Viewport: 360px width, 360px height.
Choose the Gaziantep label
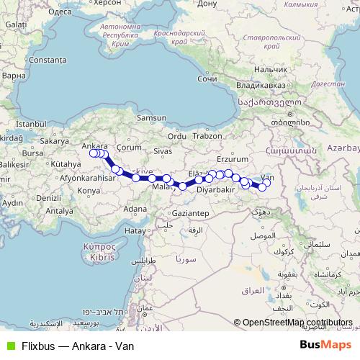coord(190,214)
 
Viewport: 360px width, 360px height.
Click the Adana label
coord(135,209)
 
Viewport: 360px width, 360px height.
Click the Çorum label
coord(130,146)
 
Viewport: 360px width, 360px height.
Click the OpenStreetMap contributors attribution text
coord(297,323)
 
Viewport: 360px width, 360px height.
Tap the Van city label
coord(267,177)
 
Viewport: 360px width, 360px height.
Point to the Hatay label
coord(135,230)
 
